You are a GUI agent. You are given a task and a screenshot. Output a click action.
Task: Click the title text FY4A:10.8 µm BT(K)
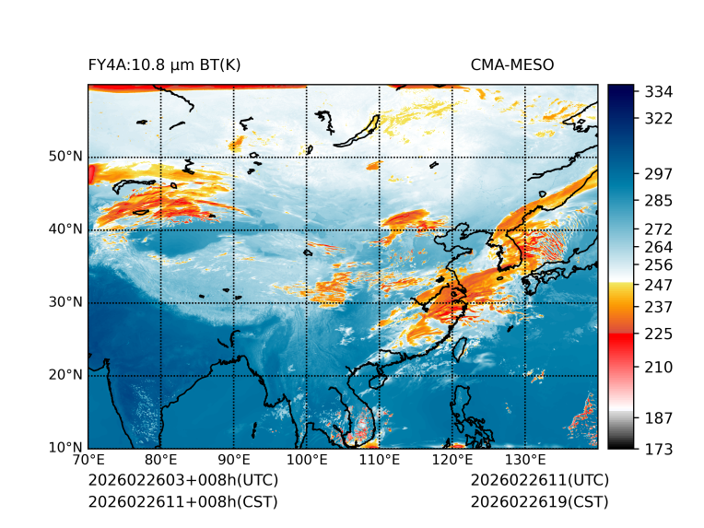coord(164,65)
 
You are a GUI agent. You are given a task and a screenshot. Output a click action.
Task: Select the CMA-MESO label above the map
coord(512,65)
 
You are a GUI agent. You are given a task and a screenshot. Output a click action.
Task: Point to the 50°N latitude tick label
coord(65,157)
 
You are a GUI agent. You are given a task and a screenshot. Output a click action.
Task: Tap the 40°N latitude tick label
coord(65,229)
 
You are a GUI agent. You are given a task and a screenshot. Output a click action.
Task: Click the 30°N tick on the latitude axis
coord(65,302)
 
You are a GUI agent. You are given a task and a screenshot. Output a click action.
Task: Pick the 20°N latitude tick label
coord(65,375)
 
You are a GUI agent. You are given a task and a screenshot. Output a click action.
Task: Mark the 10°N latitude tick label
coord(65,448)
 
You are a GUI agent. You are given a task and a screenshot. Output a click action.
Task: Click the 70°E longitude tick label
coord(88,460)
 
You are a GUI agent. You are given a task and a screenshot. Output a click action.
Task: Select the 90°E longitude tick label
coord(234,460)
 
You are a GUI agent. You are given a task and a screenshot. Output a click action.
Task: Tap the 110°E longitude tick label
coord(380,460)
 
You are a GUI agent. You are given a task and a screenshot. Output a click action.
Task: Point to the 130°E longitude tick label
coord(525,460)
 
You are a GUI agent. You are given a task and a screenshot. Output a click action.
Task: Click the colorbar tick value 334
coord(659,92)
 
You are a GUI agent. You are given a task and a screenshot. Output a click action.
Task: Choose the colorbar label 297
coord(659,174)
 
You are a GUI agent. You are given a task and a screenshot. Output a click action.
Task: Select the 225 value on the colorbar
coord(659,334)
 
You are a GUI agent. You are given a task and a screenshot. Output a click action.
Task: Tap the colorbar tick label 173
coord(659,449)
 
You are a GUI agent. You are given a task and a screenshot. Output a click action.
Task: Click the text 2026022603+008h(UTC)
coord(182,480)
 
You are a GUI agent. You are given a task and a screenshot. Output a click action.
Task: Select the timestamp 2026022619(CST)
coord(539,501)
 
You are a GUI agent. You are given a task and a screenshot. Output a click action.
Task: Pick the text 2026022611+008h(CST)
coord(182,501)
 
